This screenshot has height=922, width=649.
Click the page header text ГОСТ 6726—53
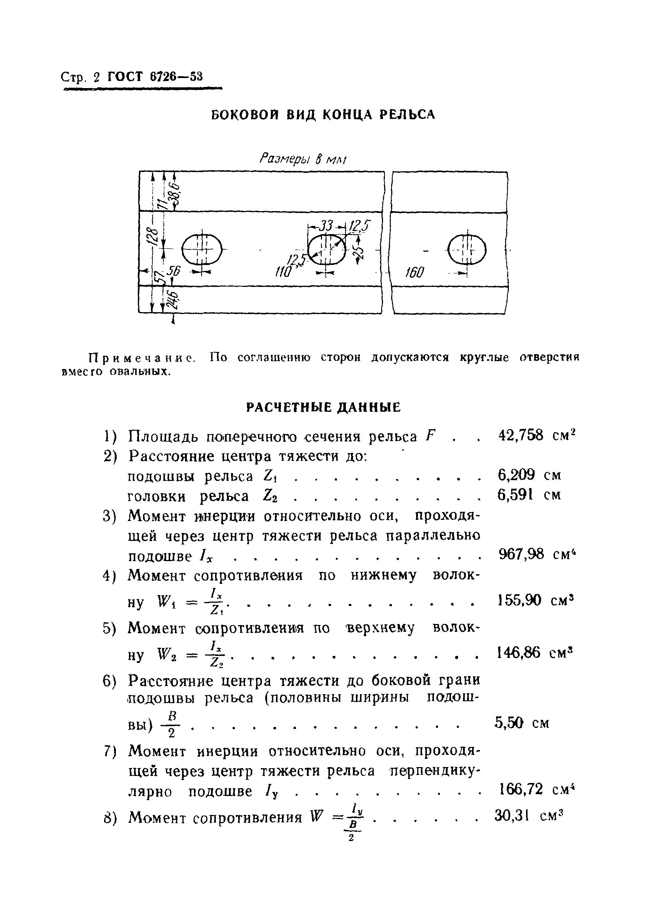click(155, 76)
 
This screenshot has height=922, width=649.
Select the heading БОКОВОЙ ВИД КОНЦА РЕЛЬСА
click(323, 115)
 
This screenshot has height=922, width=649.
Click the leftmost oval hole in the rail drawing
click(202, 249)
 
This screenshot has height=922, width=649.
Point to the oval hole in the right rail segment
click(467, 249)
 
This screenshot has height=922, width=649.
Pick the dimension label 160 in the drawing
click(414, 273)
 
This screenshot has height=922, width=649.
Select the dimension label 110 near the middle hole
click(283, 273)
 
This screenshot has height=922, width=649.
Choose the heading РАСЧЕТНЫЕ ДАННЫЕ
click(323, 408)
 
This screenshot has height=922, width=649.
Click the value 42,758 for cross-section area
click(520, 435)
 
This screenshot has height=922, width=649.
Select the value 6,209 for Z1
click(516, 475)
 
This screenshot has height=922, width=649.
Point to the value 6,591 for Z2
click(515, 495)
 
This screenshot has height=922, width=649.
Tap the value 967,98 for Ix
click(521, 554)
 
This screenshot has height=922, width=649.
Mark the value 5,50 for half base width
click(509, 723)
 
